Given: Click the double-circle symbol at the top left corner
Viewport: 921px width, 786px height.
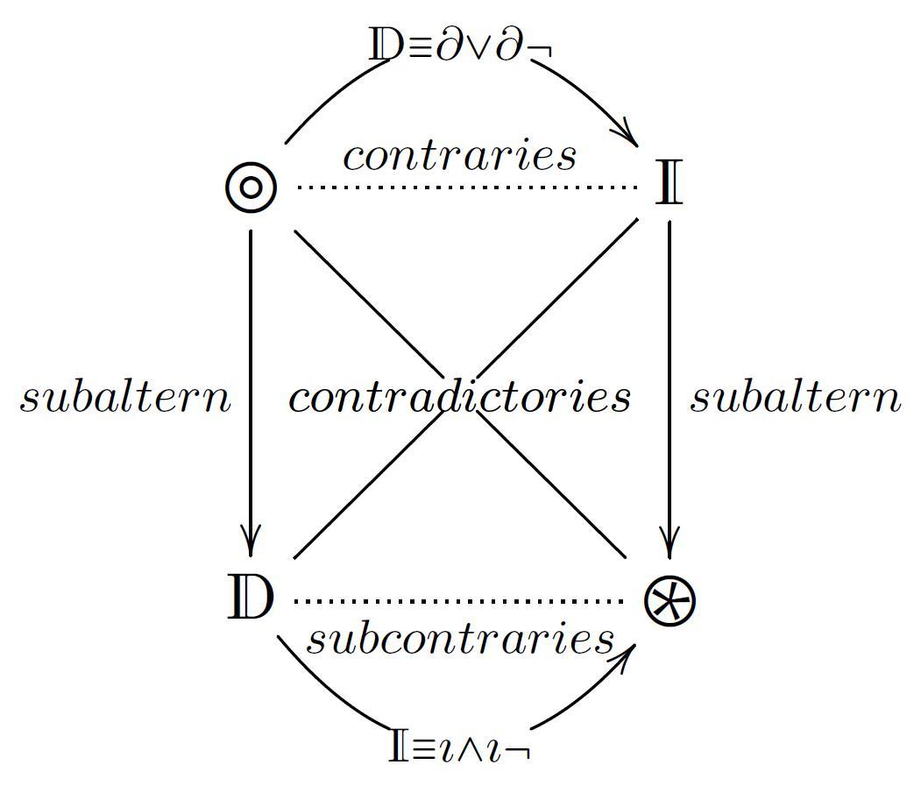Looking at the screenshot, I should tap(251, 188).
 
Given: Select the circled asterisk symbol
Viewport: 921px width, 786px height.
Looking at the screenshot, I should tap(669, 602).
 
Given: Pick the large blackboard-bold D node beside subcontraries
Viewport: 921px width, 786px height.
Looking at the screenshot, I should tap(251, 599).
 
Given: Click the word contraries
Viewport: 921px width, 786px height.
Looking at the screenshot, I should tap(459, 156).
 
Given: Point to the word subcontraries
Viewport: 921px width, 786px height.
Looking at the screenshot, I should tap(459, 639).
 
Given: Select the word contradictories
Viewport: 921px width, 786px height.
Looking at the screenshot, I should tap(459, 398).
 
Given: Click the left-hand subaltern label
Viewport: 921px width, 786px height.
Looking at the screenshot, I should tap(125, 398).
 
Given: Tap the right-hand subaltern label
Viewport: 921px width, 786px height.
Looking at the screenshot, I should tap(796, 398).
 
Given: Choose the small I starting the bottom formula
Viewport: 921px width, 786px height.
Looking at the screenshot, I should tap(399, 748).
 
